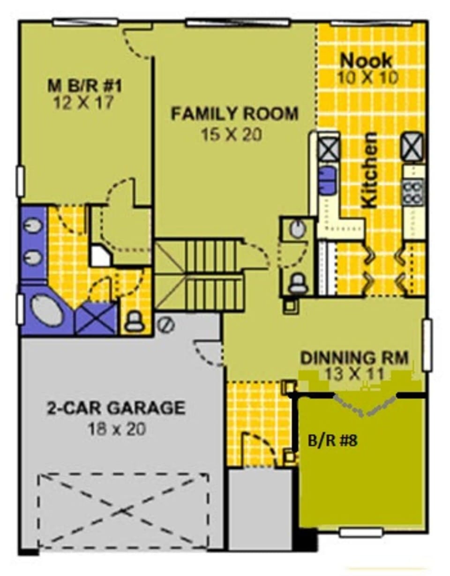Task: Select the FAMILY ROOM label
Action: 234,114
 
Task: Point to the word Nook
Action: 366,60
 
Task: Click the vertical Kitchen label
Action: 370,170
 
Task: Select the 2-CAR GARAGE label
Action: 116,408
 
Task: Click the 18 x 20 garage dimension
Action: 116,428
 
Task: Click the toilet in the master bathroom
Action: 135,322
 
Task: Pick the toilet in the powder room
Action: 297,283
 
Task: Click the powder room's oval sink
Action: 296,229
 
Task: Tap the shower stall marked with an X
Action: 96,319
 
